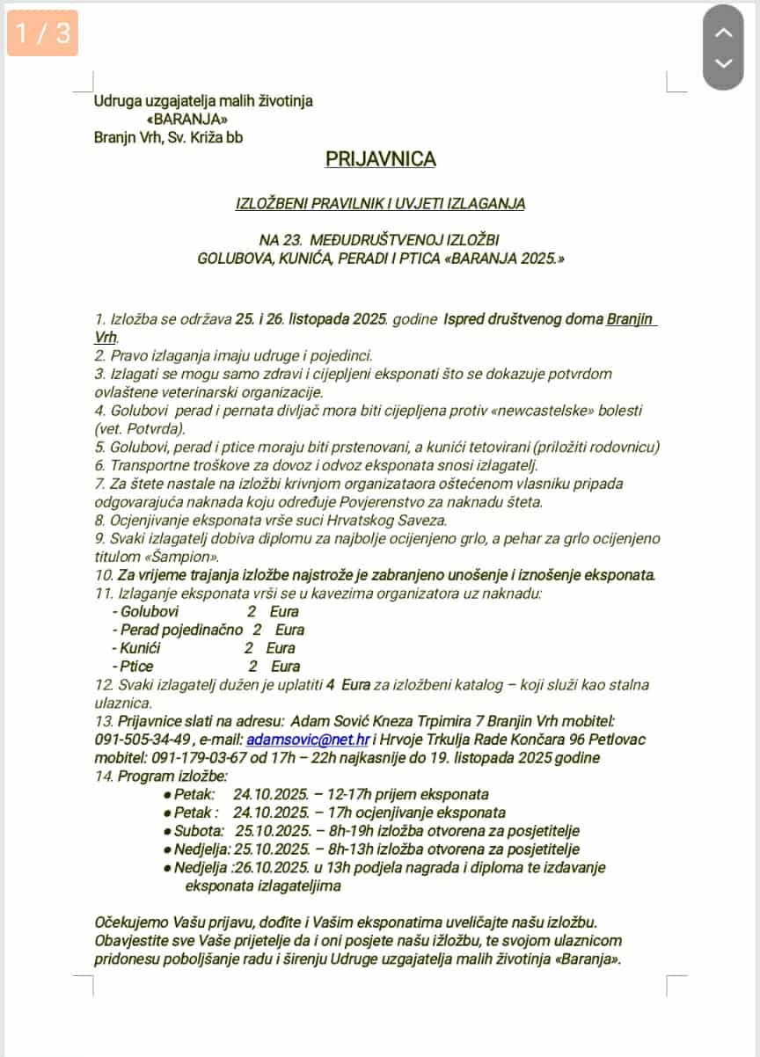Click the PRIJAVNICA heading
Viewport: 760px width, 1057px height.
click(380, 159)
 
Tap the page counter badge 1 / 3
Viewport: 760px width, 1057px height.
click(42, 33)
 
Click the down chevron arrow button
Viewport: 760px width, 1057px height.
click(723, 63)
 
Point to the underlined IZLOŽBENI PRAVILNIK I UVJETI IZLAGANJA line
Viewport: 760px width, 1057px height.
click(380, 204)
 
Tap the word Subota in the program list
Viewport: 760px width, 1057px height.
click(199, 831)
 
